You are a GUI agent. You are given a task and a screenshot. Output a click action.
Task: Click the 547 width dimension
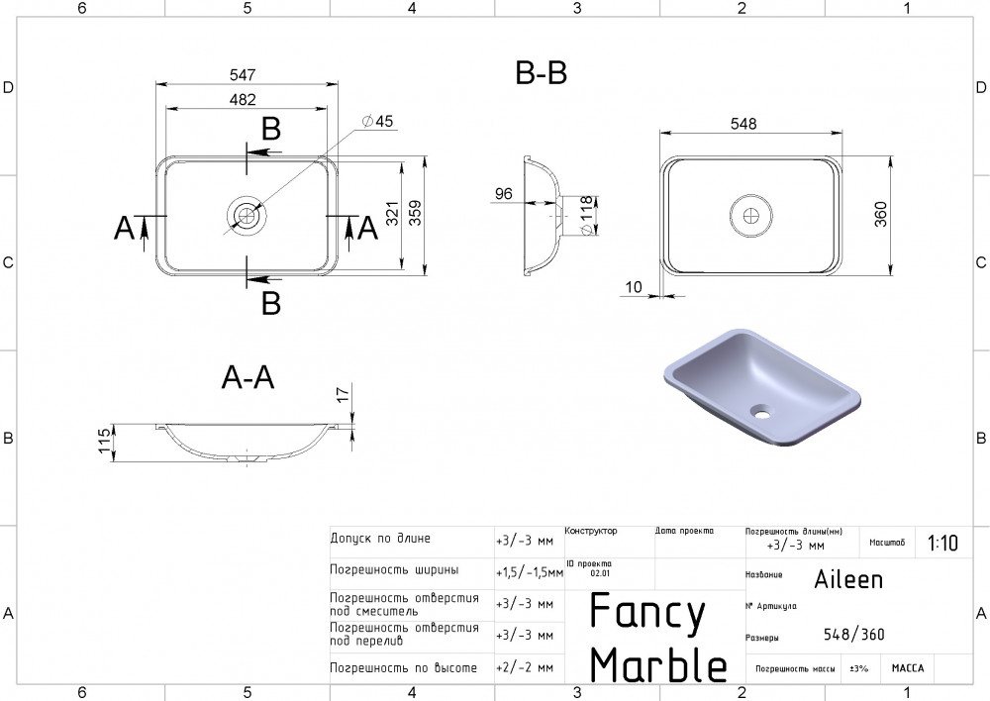click(x=244, y=75)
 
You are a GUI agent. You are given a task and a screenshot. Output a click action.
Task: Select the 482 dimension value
click(x=244, y=99)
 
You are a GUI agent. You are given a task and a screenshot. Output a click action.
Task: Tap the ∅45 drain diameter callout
click(x=378, y=121)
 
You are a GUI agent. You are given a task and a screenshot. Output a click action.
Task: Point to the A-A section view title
click(x=247, y=378)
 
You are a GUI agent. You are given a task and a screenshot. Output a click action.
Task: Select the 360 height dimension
click(x=880, y=213)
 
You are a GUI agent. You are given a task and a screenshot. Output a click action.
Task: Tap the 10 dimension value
click(x=635, y=287)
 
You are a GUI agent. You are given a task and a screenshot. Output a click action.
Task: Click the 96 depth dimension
click(x=503, y=194)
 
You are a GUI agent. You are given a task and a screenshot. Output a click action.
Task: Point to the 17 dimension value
click(x=343, y=395)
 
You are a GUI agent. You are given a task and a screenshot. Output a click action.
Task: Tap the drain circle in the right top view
click(x=749, y=212)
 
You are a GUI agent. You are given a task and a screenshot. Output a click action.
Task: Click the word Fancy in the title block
click(x=647, y=614)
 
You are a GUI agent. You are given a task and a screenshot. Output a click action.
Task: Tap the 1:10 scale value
click(x=942, y=543)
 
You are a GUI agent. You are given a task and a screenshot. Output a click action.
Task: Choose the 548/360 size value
click(x=853, y=635)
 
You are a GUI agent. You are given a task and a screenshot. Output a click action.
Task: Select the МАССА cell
click(x=907, y=668)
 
